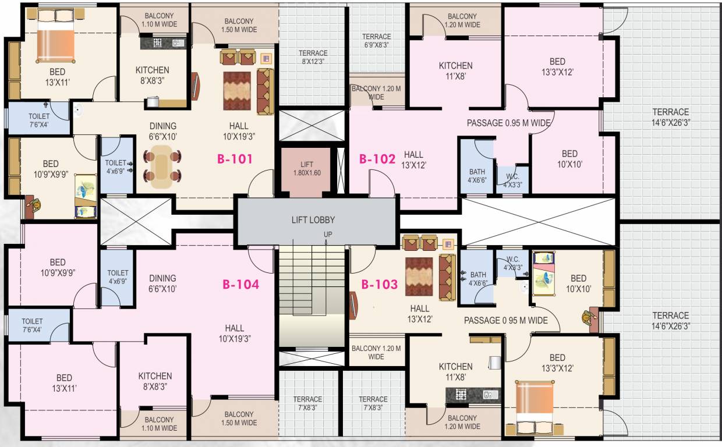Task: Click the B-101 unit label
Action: (x=235, y=158)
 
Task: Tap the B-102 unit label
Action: (x=377, y=158)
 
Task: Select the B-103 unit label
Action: (x=379, y=285)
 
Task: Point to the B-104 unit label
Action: (x=240, y=285)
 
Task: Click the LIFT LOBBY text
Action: (x=313, y=220)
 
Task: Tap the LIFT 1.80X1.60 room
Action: (x=307, y=169)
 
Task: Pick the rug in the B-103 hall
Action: (x=419, y=277)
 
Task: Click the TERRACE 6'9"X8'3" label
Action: (x=377, y=40)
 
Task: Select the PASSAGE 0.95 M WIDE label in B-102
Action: (x=508, y=123)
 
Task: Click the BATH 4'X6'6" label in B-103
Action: (x=478, y=279)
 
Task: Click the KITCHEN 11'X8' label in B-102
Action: (x=455, y=70)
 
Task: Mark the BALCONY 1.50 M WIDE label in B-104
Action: (x=239, y=418)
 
